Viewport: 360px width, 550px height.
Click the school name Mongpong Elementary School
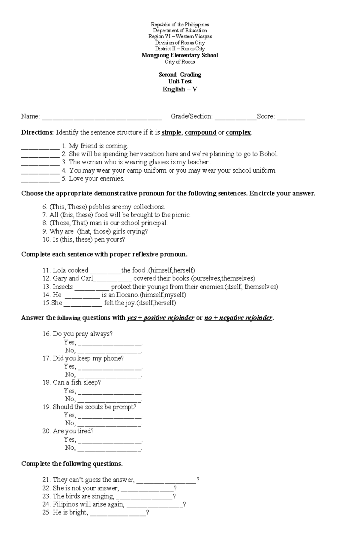[x=180, y=55]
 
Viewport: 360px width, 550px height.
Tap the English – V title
[x=180, y=89]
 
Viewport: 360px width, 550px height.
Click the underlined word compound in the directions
[x=200, y=132]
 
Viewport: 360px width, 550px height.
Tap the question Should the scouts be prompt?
[x=94, y=407]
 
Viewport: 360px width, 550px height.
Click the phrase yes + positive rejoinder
[x=160, y=318]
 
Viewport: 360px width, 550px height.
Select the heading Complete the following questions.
[x=72, y=464]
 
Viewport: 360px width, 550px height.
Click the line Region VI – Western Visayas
[x=180, y=37]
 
